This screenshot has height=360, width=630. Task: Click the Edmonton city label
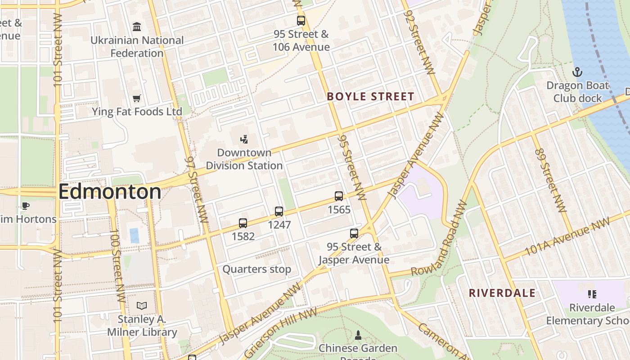(109, 192)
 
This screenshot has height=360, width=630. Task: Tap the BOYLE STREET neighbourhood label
(370, 96)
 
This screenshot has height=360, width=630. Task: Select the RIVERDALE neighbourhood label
(502, 293)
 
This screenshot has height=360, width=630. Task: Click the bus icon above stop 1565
(339, 196)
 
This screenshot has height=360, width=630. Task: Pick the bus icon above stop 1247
(279, 211)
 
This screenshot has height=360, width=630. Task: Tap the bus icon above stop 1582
(243, 223)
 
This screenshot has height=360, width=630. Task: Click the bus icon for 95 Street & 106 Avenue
(301, 21)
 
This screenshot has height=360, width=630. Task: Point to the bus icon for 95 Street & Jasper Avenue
(354, 234)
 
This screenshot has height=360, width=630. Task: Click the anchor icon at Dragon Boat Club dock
(577, 72)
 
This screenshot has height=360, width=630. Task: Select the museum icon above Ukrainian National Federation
(137, 27)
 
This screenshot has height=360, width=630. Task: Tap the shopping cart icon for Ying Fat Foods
(137, 98)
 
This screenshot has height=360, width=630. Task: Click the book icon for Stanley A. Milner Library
(142, 306)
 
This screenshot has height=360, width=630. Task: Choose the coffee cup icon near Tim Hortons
(26, 206)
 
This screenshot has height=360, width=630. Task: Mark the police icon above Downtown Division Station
(244, 139)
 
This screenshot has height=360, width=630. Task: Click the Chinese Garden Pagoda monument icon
(358, 335)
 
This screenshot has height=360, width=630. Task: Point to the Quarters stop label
(257, 269)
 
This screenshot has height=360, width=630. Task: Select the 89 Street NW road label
(550, 180)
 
